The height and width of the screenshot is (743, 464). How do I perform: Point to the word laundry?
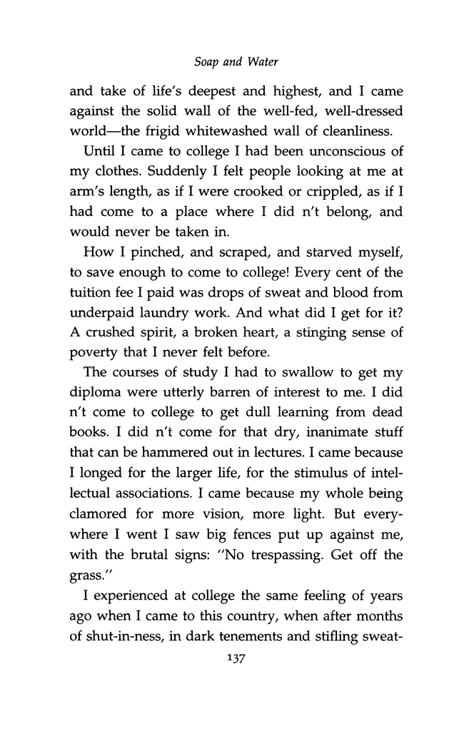(x=166, y=324)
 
